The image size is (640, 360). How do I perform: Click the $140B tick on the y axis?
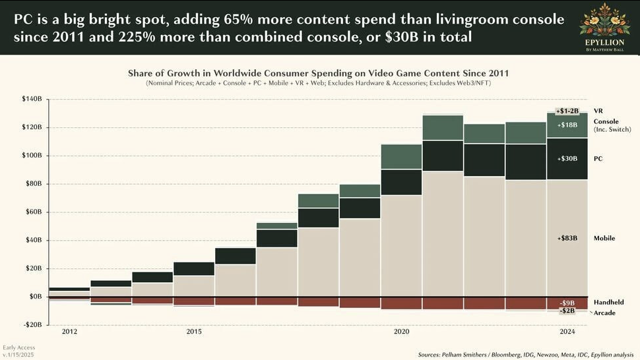pos(32,100)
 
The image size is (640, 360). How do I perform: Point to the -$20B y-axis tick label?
pos(32,324)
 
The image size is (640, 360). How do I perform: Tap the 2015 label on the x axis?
pos(194,332)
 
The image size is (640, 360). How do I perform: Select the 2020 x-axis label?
pos(402,332)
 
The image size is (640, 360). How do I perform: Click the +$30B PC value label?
pos(567,159)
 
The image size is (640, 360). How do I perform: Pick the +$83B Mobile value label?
pos(567,238)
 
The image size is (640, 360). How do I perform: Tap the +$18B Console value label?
pos(567,125)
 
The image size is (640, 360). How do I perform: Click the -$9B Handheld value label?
pos(567,303)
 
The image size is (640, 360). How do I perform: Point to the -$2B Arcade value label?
pos(567,311)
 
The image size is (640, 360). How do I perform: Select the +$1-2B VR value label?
pos(567,111)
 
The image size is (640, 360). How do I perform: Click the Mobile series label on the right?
pos(604,238)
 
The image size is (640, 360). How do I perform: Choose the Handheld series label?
pos(608,302)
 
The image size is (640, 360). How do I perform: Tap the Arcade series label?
pos(605,313)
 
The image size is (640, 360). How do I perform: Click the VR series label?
pos(598,111)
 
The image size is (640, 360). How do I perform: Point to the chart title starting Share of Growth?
pos(318,73)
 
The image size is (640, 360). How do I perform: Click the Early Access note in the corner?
pos(18,347)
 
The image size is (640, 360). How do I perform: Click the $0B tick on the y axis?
pos(34,296)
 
